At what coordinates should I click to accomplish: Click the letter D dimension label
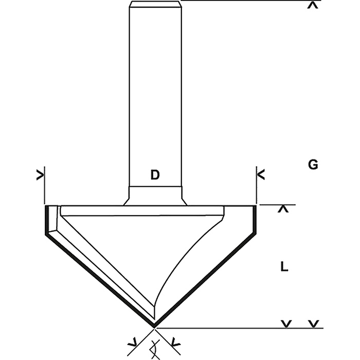coord(155,175)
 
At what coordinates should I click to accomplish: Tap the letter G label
coord(313,165)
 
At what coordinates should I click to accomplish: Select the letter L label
coord(284,267)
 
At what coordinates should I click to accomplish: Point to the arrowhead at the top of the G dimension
coord(313,5)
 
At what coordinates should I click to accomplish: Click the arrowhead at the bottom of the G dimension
coord(314,323)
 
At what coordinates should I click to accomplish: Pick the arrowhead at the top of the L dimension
coord(283,209)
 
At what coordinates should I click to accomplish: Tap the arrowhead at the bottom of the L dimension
coord(286,323)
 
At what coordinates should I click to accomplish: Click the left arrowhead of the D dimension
coord(40,175)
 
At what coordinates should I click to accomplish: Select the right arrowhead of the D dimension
coord(261,175)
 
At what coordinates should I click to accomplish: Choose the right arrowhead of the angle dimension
coord(176,343)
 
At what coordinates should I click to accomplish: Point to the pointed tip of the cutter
coord(154,327)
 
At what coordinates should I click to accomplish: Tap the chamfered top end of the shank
coord(155,4)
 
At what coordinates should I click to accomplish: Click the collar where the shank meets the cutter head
coord(155,196)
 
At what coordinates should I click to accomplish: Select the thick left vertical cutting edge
coord(47,220)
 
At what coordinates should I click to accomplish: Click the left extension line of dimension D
coord(44,185)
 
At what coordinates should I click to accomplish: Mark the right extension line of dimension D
coord(256,185)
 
